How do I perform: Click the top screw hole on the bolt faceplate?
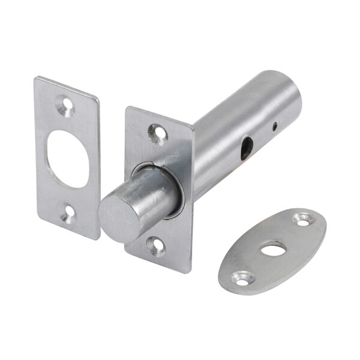click(x=157, y=130)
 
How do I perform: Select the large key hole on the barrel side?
click(x=246, y=148)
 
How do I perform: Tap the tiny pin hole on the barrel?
click(x=274, y=127)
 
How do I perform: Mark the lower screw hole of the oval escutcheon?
click(x=243, y=277)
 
